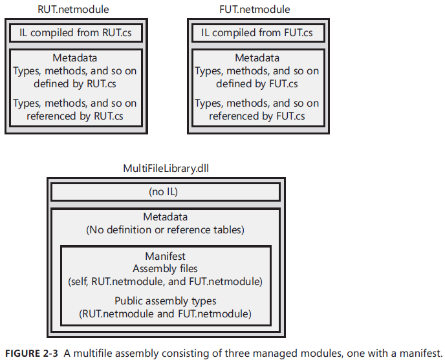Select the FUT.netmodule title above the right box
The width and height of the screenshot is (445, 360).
tap(254, 9)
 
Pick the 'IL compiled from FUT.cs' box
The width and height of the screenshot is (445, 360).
tap(257, 32)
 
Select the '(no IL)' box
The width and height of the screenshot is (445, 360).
tap(166, 192)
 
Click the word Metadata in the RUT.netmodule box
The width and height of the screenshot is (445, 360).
tap(75, 58)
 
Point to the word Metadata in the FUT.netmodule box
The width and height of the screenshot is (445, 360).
tap(257, 58)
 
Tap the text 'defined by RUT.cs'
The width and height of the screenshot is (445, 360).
tap(75, 84)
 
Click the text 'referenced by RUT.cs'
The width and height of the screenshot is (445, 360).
tap(75, 116)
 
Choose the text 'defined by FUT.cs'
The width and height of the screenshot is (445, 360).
tap(257, 84)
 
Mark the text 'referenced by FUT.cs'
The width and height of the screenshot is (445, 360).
tap(257, 116)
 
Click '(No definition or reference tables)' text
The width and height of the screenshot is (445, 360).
tap(166, 229)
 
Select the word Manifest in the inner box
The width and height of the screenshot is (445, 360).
tap(166, 256)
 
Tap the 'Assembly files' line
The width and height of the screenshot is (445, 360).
tap(166, 268)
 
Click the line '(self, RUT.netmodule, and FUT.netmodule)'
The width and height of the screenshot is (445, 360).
tap(166, 282)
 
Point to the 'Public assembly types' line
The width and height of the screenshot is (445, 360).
tap(166, 301)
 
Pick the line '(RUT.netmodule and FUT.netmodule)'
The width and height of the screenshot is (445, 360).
tap(166, 314)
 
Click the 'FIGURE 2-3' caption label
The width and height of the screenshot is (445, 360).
tap(30, 353)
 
